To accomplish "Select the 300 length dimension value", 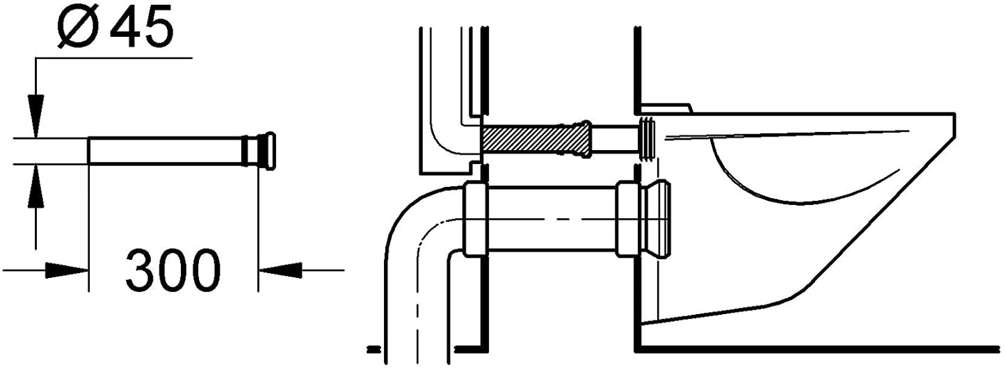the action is point(173,270).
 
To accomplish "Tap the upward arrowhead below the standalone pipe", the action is point(35,186).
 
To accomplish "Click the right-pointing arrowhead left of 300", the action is point(66,270).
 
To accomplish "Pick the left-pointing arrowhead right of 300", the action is point(280,270).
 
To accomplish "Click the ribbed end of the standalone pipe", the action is point(259,151).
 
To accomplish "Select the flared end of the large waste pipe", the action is point(657,220).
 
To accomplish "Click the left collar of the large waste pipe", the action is point(475,220).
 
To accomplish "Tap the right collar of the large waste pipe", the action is point(628,220).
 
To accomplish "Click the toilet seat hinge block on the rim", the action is point(666,108).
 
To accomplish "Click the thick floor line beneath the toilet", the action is point(817,348).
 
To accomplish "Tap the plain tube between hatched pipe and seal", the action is point(615,140).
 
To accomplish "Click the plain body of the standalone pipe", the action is point(165,151).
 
